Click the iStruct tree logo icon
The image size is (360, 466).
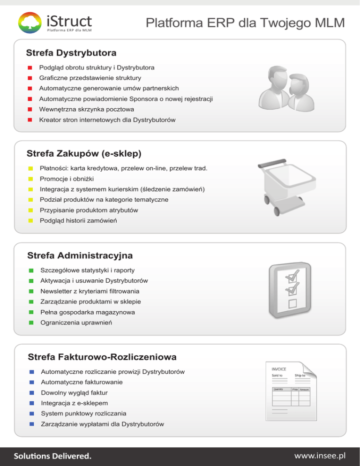[x=30, y=23]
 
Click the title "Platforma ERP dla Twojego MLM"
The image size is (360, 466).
[x=245, y=22]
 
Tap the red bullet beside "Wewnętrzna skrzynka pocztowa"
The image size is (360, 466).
[x=30, y=109]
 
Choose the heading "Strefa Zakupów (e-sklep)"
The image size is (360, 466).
[x=84, y=153]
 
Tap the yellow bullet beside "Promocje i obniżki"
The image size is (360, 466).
[x=30, y=179]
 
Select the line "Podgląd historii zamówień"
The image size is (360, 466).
[x=78, y=220]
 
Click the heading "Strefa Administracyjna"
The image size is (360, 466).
[x=80, y=256]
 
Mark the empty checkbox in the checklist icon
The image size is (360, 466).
[x=293, y=303]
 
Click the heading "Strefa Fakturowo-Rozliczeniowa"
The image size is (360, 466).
[x=102, y=357]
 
